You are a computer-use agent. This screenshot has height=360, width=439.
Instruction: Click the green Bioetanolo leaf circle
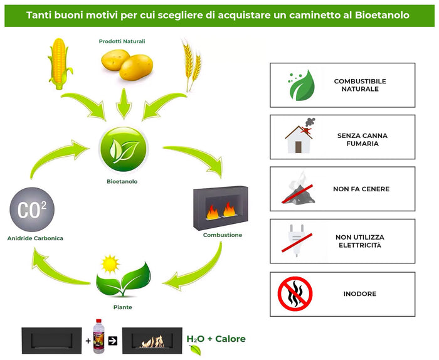point(124,149)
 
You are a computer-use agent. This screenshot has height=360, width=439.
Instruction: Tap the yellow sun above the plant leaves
point(110,262)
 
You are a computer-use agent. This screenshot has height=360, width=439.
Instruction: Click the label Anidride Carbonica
point(35,238)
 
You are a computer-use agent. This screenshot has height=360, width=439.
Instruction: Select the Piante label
point(124,307)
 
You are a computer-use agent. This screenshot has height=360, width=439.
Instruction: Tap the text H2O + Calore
point(216,339)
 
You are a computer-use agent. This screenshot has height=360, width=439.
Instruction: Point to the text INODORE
point(359,294)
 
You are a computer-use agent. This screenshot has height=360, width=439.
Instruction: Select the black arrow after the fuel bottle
point(113,341)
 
